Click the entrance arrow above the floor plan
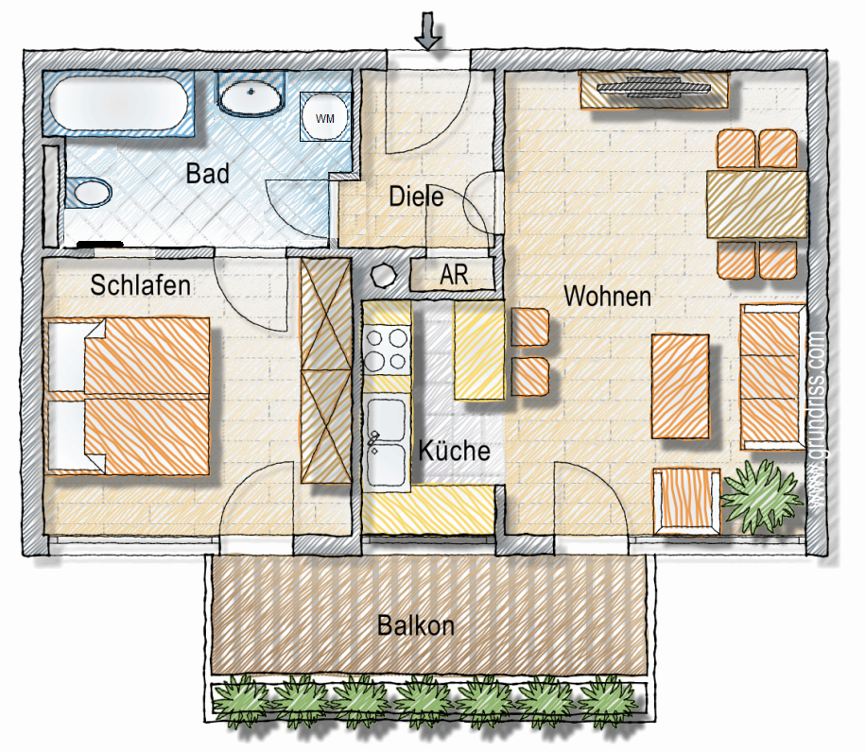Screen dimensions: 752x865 point(429,30)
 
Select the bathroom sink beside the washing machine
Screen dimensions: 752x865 point(252,95)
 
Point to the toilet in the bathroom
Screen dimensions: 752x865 point(90,192)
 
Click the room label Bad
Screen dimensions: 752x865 point(208,175)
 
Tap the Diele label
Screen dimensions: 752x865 point(416,197)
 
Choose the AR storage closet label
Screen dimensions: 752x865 point(454,276)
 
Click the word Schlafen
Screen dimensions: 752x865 point(141,284)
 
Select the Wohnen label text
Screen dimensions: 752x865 point(607,297)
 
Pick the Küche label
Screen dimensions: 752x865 point(454,451)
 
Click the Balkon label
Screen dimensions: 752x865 point(416,625)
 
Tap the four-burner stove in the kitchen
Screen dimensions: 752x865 point(388,349)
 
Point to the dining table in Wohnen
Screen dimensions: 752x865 point(756,204)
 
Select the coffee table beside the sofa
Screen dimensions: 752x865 point(681,385)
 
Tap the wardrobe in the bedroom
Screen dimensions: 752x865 point(324,371)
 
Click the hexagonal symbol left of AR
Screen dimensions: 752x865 point(384,277)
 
